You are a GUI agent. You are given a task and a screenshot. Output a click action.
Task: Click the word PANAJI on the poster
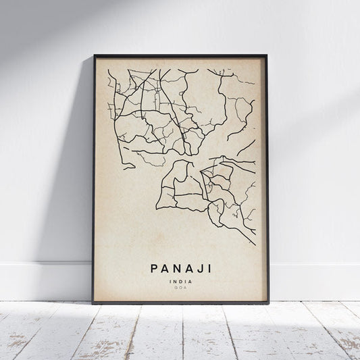tap(180, 268)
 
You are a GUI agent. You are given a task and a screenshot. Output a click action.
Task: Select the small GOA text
tap(180, 288)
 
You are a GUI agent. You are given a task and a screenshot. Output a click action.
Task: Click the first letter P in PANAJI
tap(151, 268)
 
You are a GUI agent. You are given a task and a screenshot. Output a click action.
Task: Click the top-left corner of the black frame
tap(95, 55)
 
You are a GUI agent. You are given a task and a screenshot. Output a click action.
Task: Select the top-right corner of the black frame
tap(267, 55)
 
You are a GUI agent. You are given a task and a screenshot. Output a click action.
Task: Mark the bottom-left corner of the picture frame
tap(93, 303)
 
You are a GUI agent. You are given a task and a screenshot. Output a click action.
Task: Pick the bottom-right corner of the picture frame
tap(268, 303)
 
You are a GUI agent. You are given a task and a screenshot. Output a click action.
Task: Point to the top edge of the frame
tap(180, 55)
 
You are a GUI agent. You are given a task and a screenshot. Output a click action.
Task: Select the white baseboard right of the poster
tap(314, 281)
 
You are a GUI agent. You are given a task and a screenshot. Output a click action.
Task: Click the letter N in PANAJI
tap(173, 268)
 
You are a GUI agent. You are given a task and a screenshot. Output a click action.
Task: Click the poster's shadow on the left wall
tap(74, 203)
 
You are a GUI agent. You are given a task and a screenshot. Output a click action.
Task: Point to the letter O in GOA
tap(180, 288)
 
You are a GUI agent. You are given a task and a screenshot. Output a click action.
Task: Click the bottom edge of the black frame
tap(180, 303)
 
